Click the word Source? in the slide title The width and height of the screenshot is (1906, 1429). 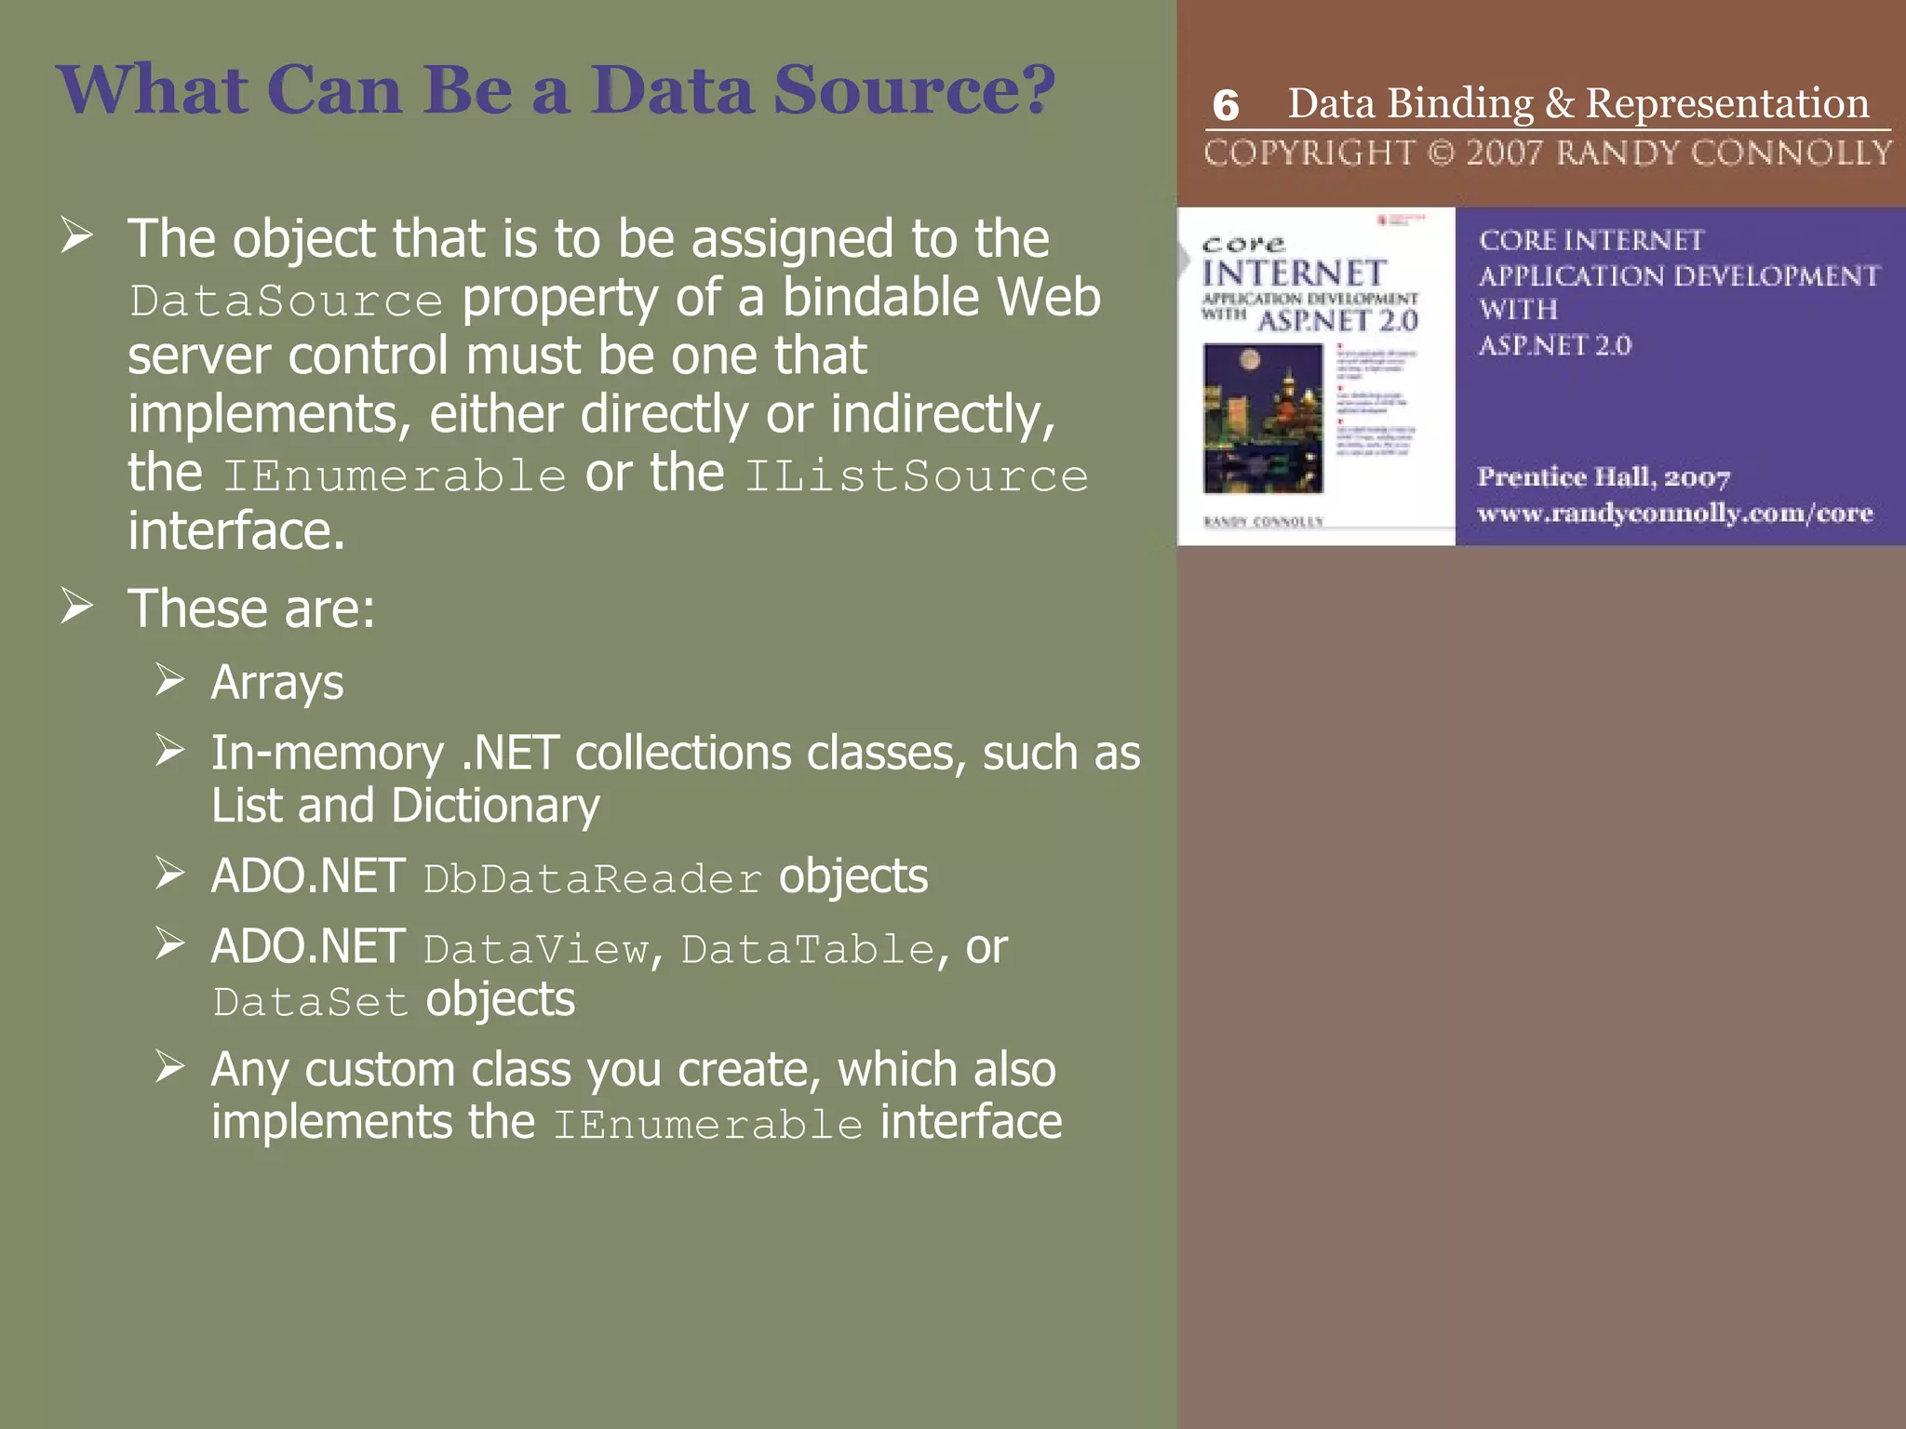(915, 90)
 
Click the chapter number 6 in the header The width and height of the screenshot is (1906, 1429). (1226, 106)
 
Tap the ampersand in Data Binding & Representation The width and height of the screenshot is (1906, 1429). (1560, 103)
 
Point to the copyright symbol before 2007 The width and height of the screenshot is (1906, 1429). (1441, 153)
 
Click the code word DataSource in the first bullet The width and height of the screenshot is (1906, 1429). (287, 300)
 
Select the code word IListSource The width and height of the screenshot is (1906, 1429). (916, 475)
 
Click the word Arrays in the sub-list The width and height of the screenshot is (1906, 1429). (277, 683)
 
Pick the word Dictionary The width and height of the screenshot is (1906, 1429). (495, 806)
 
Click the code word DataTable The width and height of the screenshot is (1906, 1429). (808, 950)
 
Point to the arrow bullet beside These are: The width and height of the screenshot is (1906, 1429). (76, 607)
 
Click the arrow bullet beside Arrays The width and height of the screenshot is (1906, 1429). (169, 680)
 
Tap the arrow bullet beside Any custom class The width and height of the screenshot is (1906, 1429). (169, 1066)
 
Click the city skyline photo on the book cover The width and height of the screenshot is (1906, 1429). (1263, 418)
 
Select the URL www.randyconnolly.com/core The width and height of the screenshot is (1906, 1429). (1674, 514)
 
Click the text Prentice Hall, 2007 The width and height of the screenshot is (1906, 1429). (1604, 477)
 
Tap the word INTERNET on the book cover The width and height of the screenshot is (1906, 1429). (1294, 274)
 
